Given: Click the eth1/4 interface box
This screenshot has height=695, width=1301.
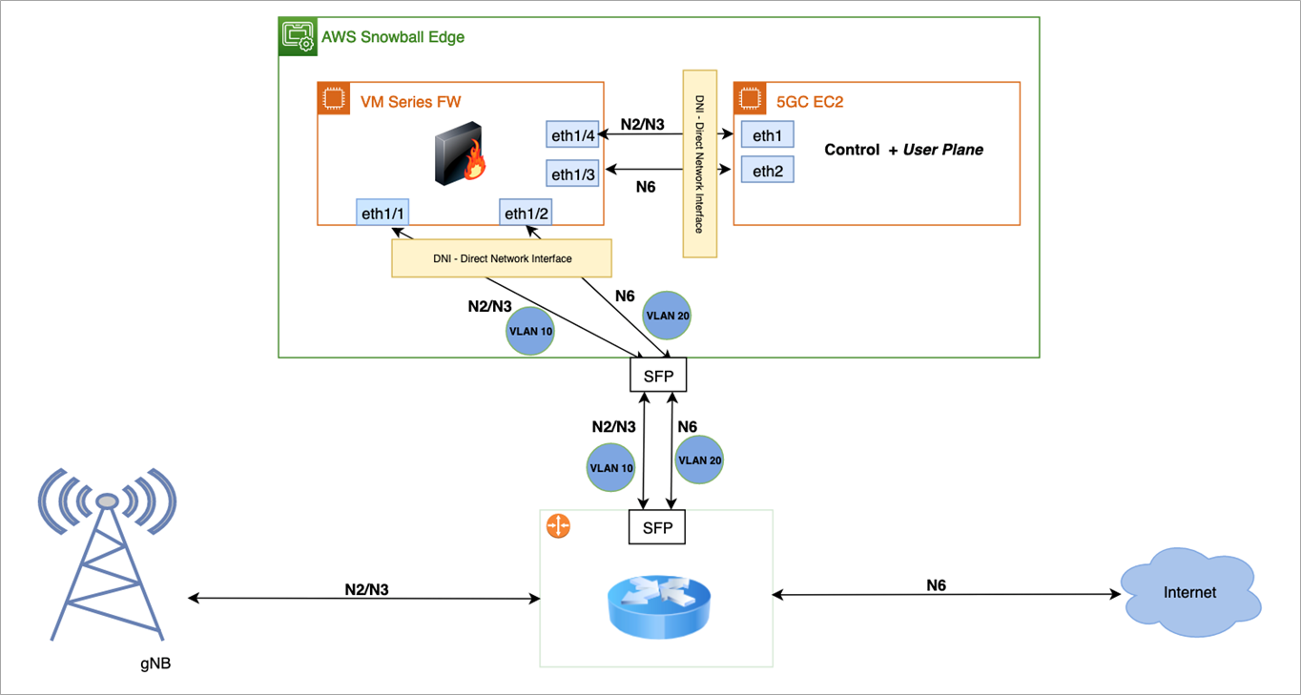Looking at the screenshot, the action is (572, 134).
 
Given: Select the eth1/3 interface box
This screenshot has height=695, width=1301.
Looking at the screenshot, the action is (572, 173).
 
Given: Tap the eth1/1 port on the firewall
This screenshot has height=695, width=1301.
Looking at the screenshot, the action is (382, 212).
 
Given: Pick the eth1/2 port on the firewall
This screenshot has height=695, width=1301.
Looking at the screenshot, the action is (526, 212).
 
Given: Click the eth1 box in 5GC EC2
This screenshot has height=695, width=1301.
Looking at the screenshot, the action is (767, 134).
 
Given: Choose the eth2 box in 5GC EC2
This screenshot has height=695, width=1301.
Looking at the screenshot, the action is (767, 170).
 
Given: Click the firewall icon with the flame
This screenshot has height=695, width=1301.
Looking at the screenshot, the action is (460, 153).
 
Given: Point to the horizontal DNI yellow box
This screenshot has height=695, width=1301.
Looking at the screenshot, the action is (502, 258).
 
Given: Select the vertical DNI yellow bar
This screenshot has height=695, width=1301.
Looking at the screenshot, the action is (700, 164).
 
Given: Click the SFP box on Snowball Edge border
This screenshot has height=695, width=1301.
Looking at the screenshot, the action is (658, 375).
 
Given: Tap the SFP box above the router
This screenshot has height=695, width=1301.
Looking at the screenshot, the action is (657, 527).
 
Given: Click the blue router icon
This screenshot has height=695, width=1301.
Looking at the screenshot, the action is (659, 606).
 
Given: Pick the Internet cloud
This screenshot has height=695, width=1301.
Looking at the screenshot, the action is (1190, 592).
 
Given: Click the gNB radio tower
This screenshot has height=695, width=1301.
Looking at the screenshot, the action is (107, 555).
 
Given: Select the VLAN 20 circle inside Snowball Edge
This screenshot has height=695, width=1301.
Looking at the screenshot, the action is (667, 316).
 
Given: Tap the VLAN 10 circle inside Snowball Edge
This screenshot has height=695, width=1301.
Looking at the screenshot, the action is (529, 331).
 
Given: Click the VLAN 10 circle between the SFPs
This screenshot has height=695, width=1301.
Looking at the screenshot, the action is (611, 467).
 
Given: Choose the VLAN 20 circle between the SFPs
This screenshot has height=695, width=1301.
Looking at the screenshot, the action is (699, 460).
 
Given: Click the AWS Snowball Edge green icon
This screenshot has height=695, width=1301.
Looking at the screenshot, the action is (298, 36).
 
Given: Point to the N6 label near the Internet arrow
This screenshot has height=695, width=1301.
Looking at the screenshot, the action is (937, 585).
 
